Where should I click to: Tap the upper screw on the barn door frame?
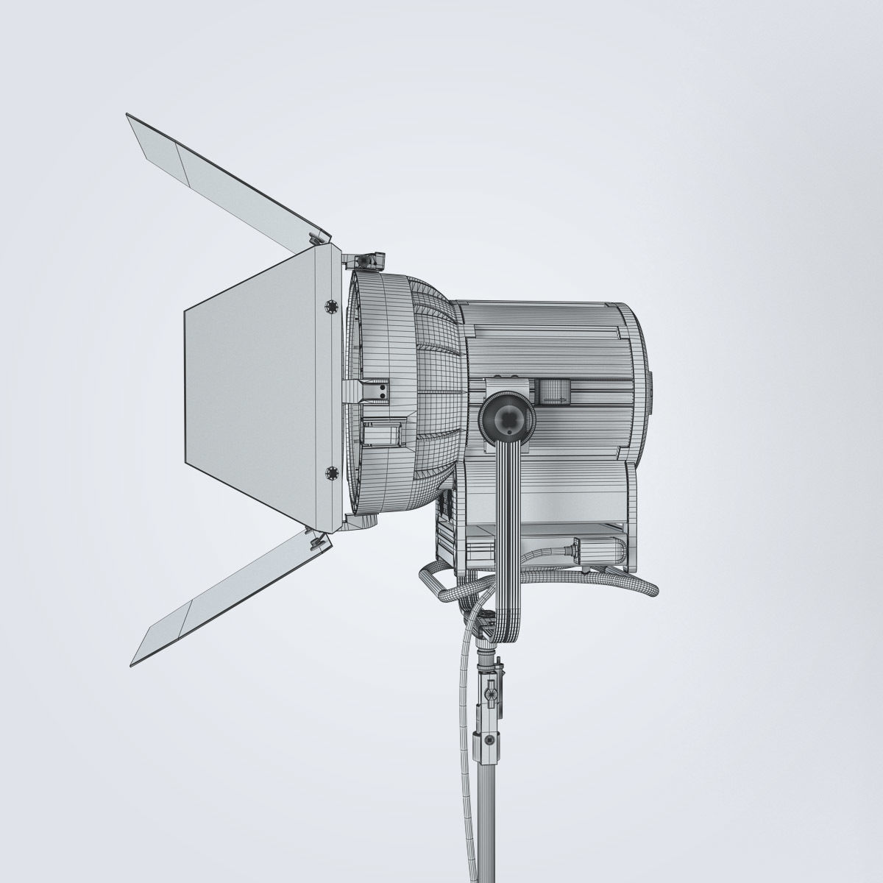pyautogui.click(x=327, y=304)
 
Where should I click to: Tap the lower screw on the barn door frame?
pyautogui.click(x=327, y=469)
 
